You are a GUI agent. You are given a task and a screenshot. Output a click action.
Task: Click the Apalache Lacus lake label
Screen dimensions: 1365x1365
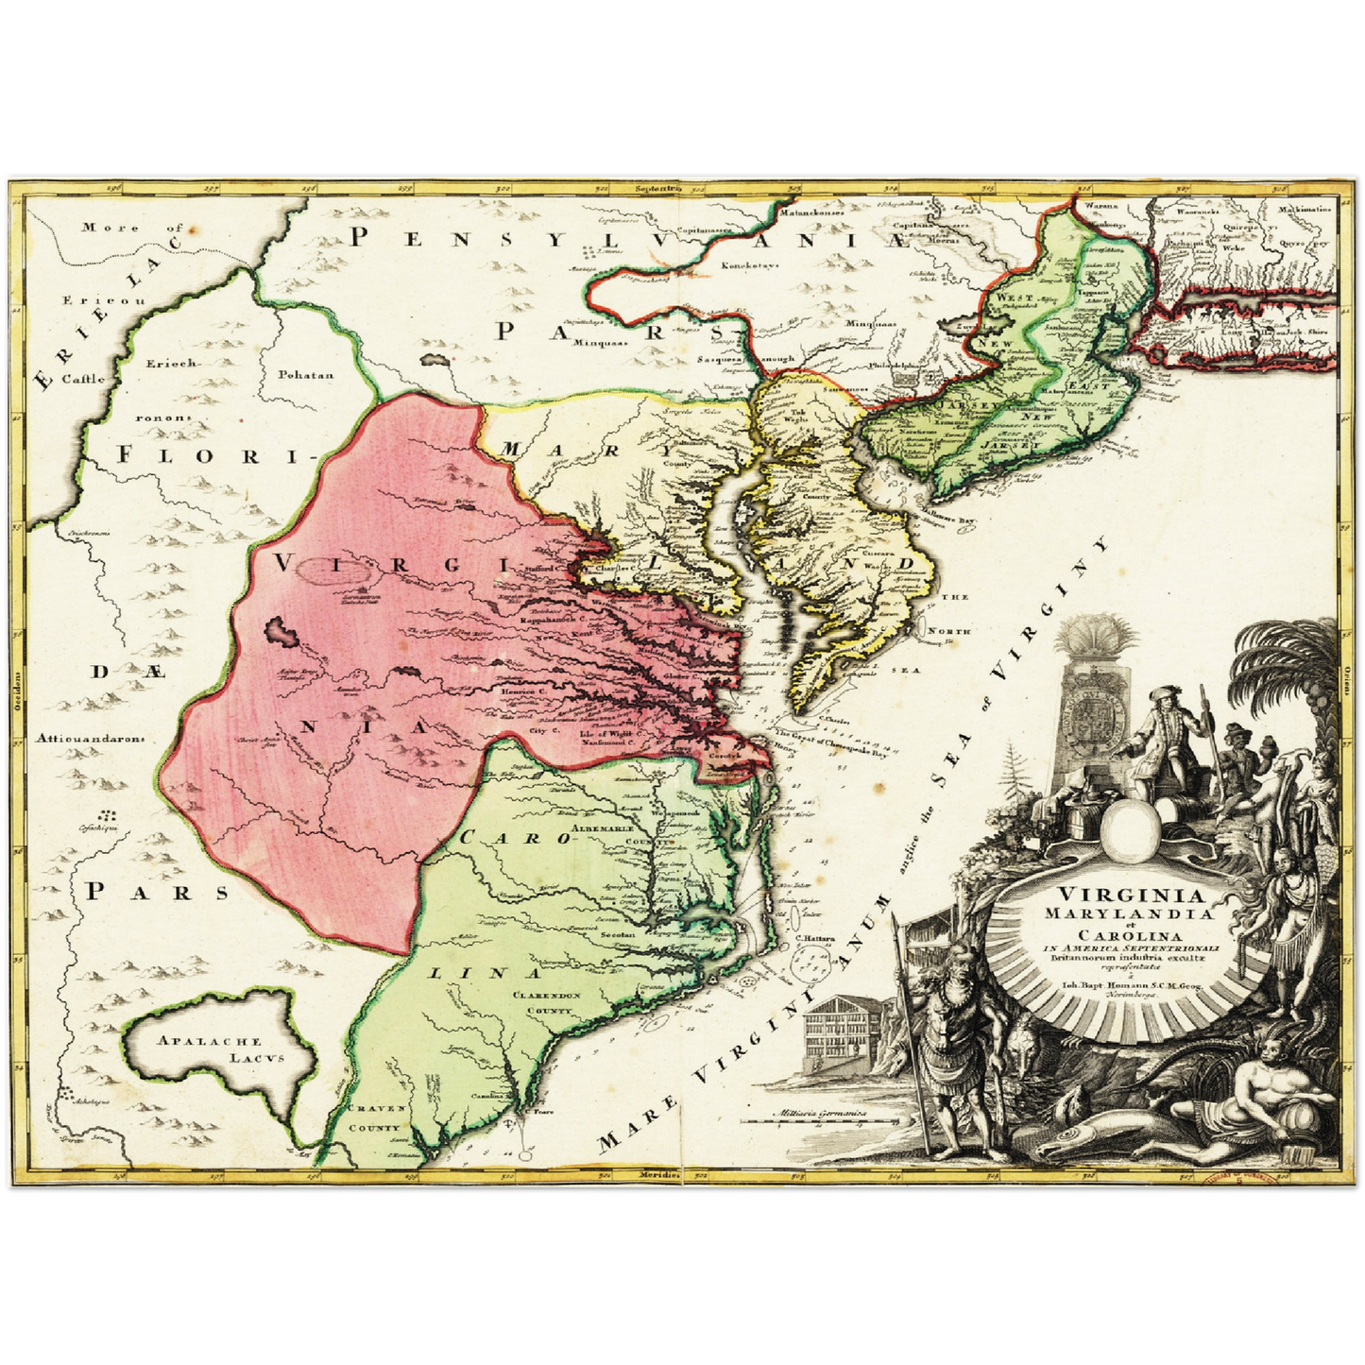[221, 1049]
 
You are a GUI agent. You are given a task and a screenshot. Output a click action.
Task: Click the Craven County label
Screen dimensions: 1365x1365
[376, 1118]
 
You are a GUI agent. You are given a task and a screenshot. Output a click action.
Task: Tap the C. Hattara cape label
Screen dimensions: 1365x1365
[811, 938]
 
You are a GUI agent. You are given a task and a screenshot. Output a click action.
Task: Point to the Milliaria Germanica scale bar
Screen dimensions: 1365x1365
[820, 1116]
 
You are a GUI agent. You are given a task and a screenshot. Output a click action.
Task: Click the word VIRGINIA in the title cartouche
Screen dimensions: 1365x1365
[1117, 896]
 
